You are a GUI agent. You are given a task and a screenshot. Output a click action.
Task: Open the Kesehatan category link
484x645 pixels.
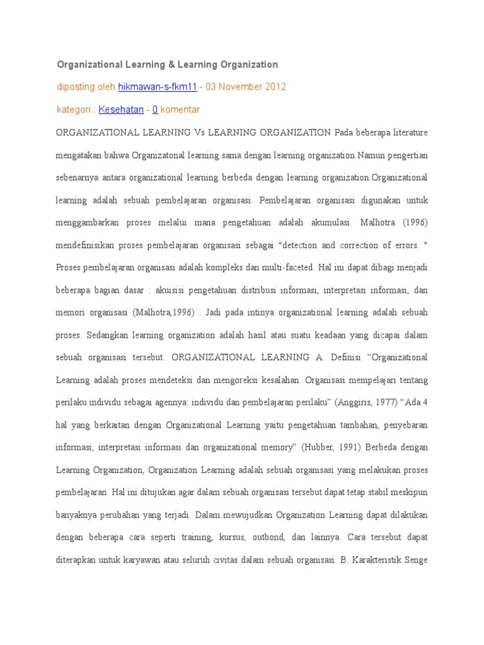click(121, 110)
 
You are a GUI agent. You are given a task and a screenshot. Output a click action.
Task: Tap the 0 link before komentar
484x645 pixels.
click(155, 110)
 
